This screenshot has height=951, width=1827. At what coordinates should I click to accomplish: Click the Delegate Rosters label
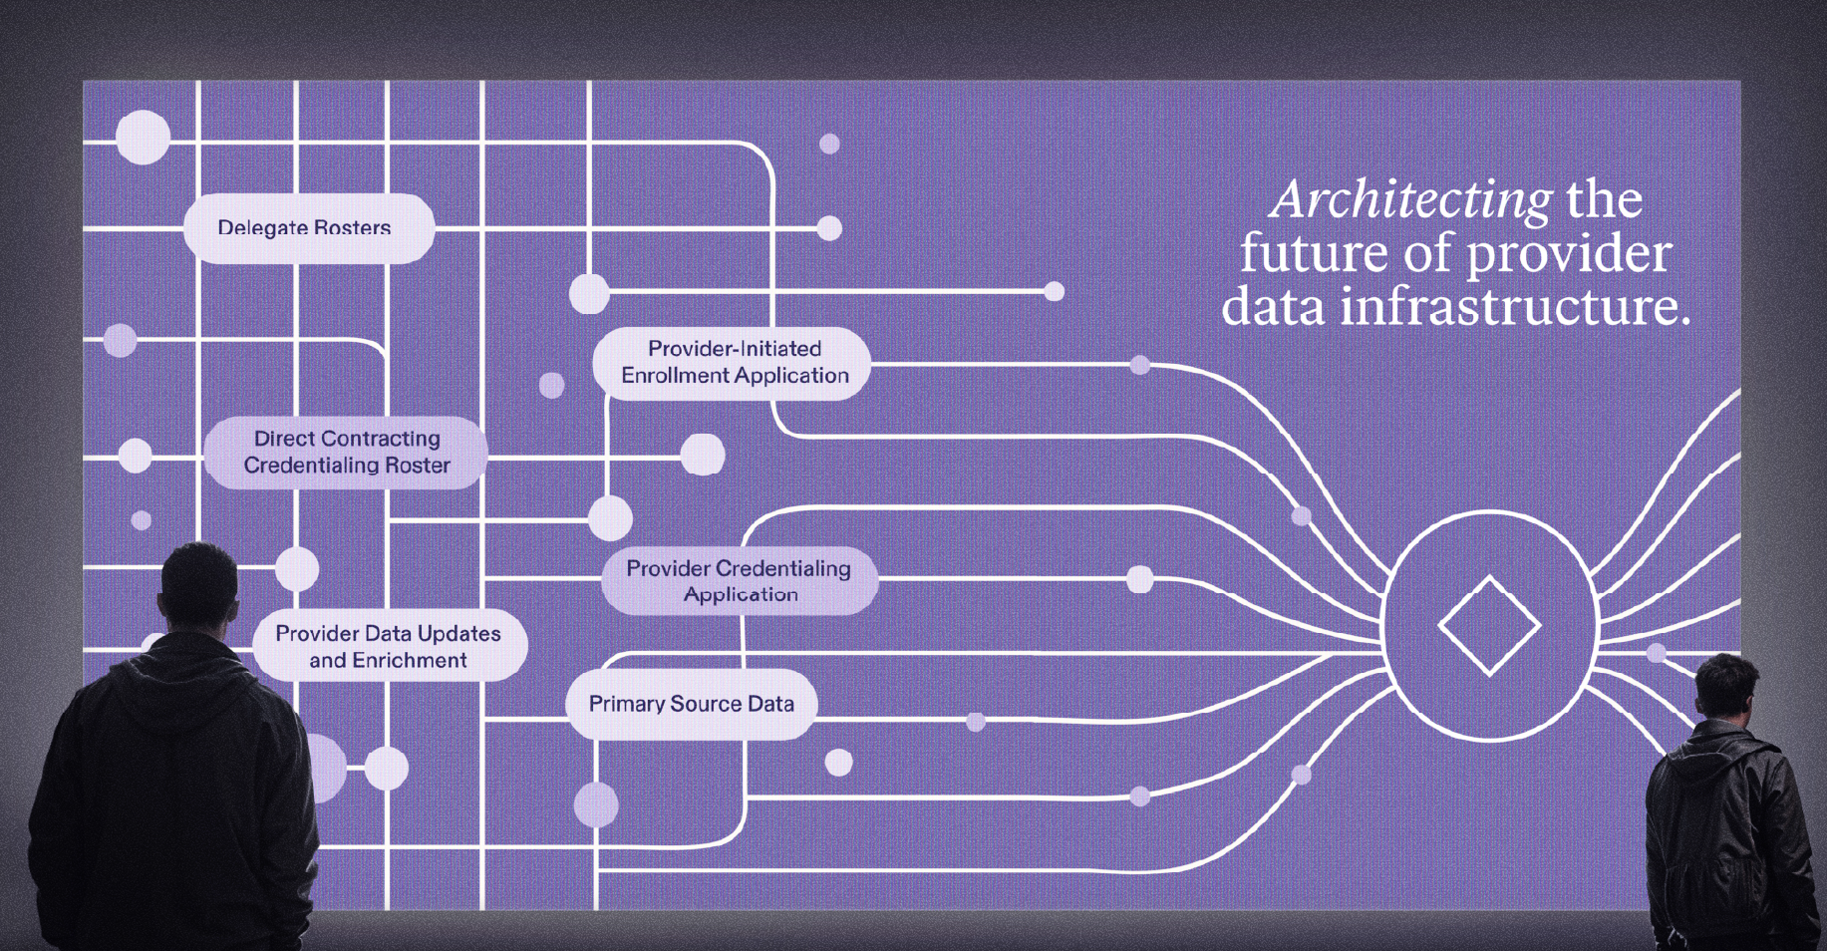[305, 228]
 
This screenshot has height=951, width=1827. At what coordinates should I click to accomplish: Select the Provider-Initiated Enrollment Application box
[735, 363]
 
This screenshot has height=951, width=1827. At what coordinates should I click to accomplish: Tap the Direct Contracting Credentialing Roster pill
[346, 453]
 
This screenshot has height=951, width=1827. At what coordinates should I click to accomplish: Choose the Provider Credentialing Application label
[739, 581]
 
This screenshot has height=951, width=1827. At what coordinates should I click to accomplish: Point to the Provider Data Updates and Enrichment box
[388, 647]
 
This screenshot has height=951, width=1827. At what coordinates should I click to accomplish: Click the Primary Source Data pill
[691, 705]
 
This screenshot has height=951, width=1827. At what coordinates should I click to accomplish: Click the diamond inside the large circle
[1489, 626]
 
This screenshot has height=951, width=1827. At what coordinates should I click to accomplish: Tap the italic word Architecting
[1411, 199]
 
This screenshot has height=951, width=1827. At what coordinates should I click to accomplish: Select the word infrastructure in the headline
[1515, 306]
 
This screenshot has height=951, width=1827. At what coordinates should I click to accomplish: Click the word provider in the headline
[1569, 253]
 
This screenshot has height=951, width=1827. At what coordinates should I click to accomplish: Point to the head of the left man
[200, 584]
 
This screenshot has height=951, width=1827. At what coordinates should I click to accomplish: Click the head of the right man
[1727, 687]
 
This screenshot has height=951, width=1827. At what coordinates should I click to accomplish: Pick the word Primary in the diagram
[626, 705]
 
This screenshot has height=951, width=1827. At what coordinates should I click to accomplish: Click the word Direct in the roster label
[284, 439]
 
